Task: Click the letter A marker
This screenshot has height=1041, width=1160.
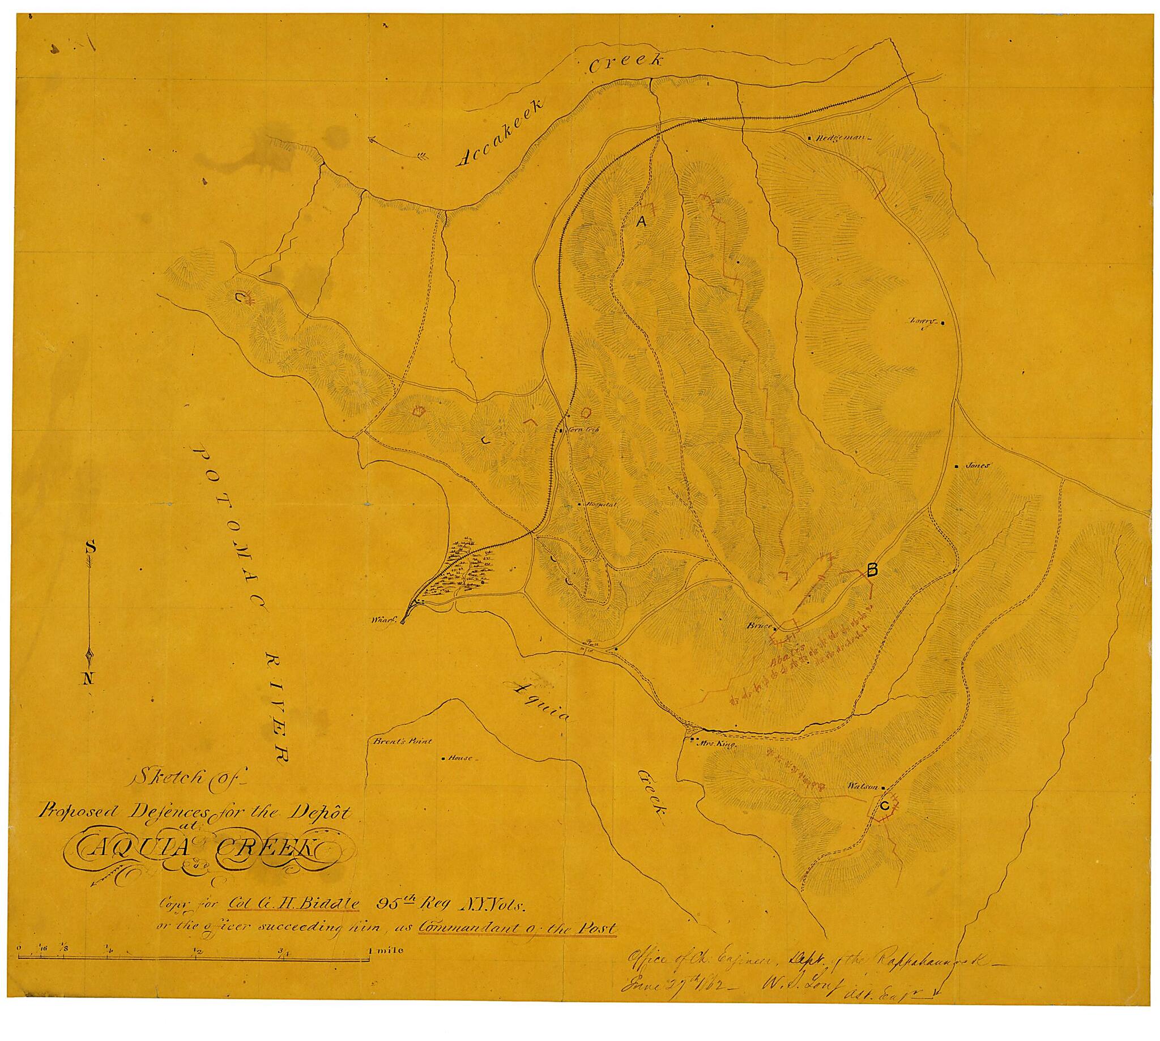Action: [x=641, y=223]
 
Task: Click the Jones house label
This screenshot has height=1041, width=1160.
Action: [x=977, y=466]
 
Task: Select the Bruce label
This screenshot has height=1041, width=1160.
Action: [x=760, y=627]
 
